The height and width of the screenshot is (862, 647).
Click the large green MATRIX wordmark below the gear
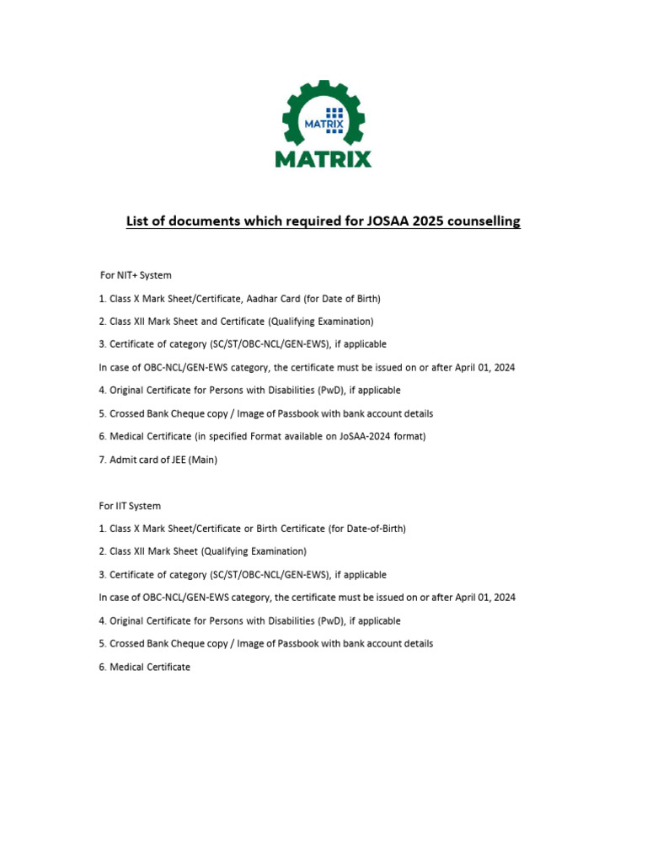click(323, 158)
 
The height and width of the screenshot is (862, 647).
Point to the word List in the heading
click(139, 221)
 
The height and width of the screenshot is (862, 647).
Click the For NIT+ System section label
click(136, 275)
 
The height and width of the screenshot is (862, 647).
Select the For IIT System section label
click(130, 506)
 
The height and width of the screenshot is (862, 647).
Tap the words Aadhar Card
click(286, 299)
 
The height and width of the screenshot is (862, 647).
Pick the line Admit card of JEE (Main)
click(163, 460)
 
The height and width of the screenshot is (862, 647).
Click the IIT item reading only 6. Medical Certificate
click(145, 667)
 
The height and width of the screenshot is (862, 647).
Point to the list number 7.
click(102, 460)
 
